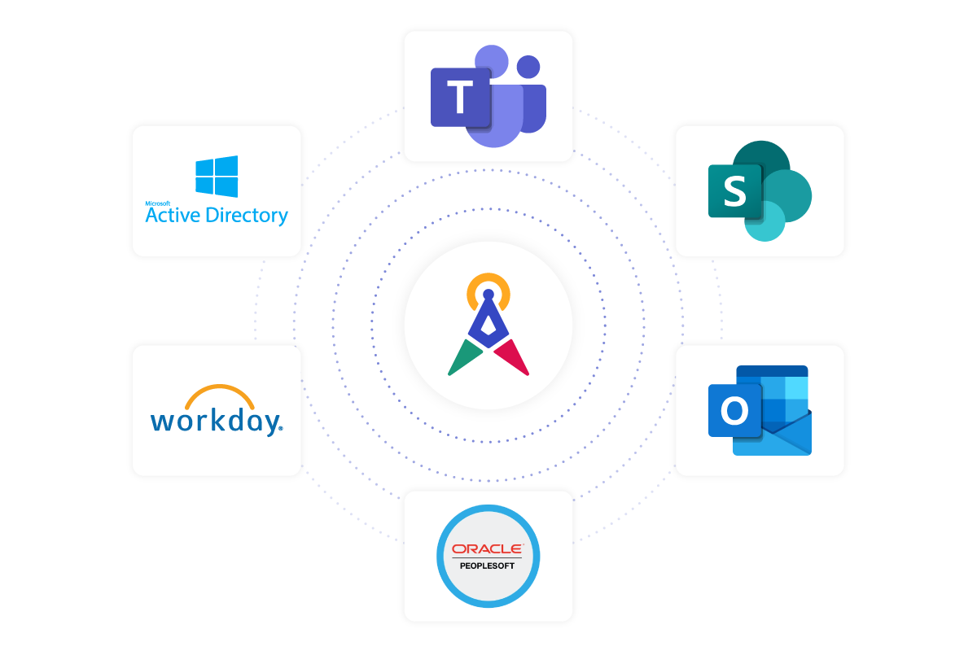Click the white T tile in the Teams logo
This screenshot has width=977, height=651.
pyautogui.click(x=460, y=98)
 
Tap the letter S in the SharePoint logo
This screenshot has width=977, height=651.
pyautogui.click(x=734, y=192)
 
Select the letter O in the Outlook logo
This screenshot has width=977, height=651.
pyautogui.click(x=734, y=411)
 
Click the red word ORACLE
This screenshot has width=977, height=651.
pyautogui.click(x=488, y=549)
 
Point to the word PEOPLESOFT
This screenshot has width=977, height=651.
pyautogui.click(x=488, y=566)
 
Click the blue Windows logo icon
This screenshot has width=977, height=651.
pyautogui.click(x=217, y=177)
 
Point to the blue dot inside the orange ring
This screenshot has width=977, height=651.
pyautogui.click(x=488, y=294)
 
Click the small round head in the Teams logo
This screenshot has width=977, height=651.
pyautogui.click(x=529, y=67)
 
